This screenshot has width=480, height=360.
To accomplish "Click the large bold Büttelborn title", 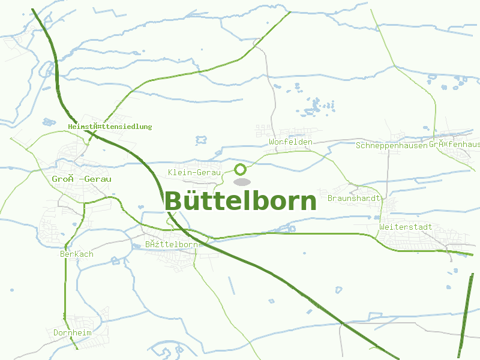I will (240, 201).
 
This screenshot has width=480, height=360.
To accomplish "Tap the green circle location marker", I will (240, 169).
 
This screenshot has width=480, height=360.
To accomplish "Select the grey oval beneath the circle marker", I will (241, 182).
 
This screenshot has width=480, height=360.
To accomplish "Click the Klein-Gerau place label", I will (195, 173).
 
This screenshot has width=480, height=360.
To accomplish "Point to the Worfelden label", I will (291, 142).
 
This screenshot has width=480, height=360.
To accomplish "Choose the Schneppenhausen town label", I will (391, 145).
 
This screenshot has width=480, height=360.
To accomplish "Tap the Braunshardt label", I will (355, 198).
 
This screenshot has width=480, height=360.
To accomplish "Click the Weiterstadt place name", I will (406, 227).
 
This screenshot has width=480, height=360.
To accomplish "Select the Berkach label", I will (77, 254).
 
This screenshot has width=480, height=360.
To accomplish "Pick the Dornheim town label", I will (72, 332).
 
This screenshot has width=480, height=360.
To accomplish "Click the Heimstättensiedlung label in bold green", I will (110, 127).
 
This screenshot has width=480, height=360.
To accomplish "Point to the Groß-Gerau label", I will (82, 179).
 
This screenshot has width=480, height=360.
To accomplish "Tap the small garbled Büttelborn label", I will (172, 245).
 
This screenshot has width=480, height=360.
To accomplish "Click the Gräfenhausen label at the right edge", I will (454, 145).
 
